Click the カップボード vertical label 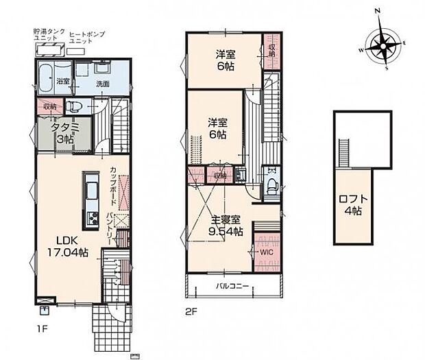(111, 184)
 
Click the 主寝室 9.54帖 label (225, 226)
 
